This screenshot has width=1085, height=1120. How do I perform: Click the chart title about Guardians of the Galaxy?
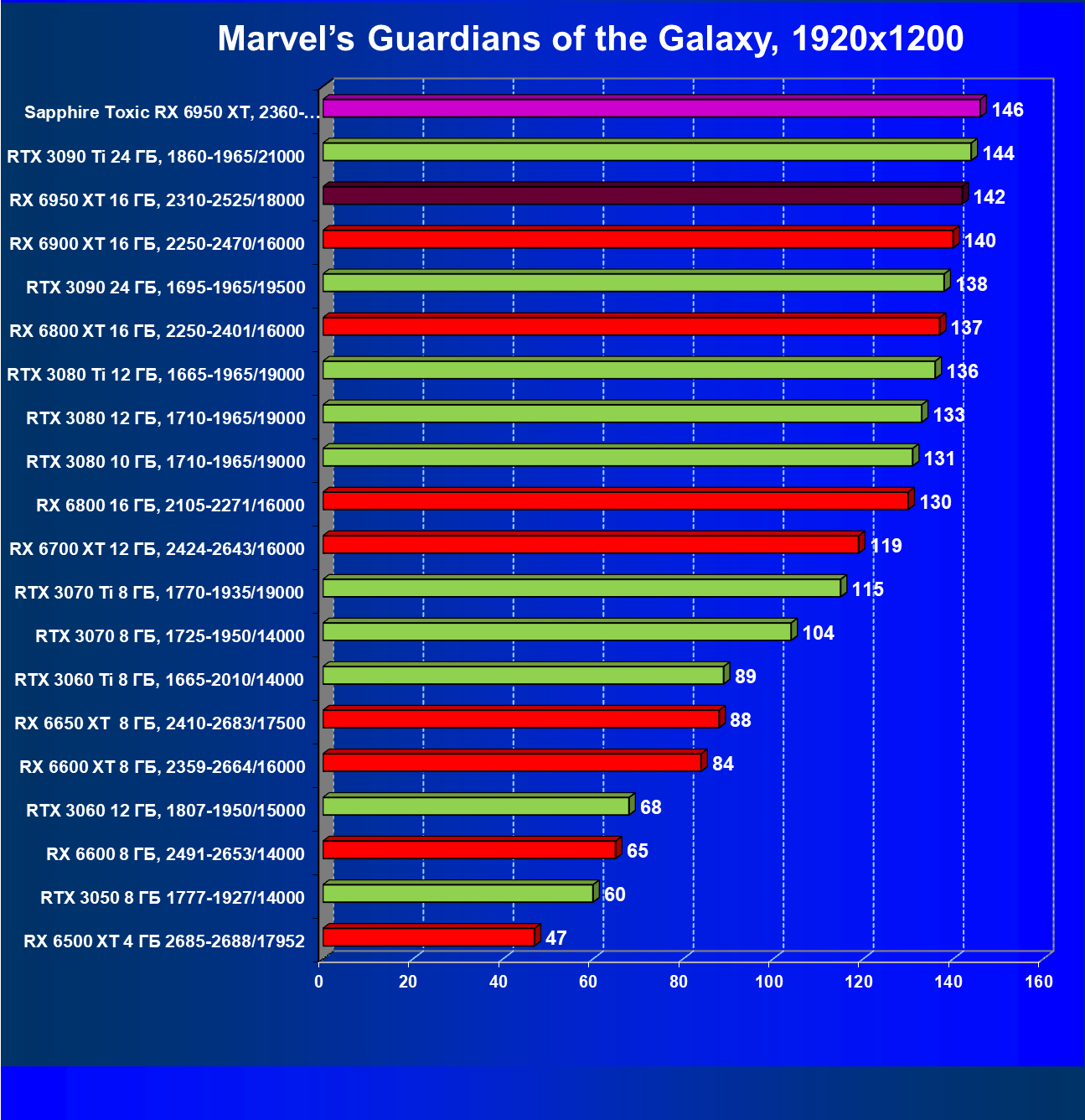(590, 39)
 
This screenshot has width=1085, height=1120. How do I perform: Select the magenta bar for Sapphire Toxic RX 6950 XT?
(651, 108)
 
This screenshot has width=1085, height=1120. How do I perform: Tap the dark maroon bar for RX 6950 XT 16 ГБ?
(642, 195)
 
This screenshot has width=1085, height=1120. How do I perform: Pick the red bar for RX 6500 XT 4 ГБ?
(428, 936)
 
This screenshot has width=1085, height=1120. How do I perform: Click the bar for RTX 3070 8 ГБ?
(556, 631)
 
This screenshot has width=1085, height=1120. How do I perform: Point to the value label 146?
(1007, 110)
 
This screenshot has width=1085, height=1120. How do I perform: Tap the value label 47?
(555, 938)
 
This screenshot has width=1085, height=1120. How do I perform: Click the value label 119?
(886, 546)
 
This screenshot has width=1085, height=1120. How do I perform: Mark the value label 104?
(818, 633)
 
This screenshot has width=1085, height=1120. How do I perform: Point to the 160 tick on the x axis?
(1039, 982)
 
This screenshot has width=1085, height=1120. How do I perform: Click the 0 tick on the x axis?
(319, 982)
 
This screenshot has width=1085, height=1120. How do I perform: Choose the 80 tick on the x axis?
(679, 982)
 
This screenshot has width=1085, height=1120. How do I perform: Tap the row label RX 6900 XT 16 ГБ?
(157, 244)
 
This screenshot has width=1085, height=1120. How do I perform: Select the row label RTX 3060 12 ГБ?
(165, 811)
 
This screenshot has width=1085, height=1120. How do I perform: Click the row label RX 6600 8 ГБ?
(175, 854)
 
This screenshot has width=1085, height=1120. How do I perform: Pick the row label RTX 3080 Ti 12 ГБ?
(156, 375)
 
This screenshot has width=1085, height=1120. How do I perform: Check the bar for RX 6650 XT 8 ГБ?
(520, 718)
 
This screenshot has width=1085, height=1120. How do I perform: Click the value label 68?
(650, 807)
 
